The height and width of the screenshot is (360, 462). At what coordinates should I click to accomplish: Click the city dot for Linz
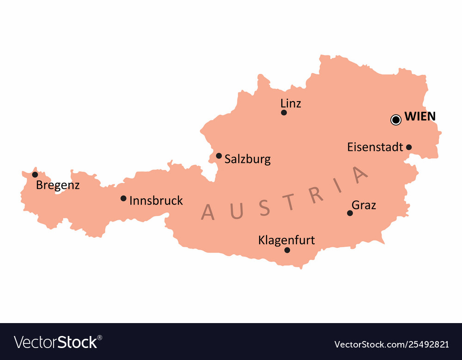(x=284, y=113)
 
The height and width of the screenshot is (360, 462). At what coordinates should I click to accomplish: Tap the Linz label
(x=291, y=103)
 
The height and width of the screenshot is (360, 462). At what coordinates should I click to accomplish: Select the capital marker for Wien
(x=396, y=120)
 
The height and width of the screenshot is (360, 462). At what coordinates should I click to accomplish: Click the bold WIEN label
(x=420, y=117)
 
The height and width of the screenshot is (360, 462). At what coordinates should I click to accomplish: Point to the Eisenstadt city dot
(x=409, y=147)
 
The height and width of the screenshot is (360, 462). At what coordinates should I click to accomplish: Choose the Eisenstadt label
(x=375, y=147)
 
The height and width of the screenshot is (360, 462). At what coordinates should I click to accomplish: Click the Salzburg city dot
(x=219, y=156)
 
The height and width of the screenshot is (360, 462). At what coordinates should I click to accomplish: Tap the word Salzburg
(x=248, y=160)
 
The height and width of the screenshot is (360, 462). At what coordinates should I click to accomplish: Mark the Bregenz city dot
(x=35, y=174)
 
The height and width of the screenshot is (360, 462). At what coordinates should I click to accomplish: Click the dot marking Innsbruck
(x=123, y=198)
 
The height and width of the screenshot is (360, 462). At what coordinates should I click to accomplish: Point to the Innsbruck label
(x=156, y=201)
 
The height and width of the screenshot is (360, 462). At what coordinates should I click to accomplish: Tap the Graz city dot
(x=350, y=213)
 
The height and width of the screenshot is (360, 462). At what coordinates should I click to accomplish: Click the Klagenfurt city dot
(x=287, y=250)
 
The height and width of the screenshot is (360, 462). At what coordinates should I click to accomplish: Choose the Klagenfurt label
(x=286, y=240)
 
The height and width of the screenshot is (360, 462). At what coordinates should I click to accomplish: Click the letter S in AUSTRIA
(x=264, y=208)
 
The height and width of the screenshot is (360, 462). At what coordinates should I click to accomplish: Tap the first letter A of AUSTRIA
(x=208, y=212)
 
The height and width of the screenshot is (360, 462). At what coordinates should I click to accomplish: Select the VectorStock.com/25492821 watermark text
(x=391, y=344)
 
